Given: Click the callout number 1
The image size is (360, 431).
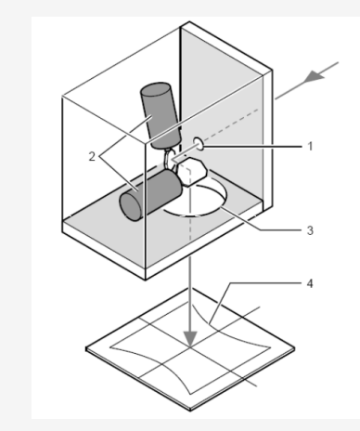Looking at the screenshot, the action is [311, 146].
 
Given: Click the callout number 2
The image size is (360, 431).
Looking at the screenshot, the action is [92, 157].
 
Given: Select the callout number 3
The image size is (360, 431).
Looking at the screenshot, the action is [310, 230].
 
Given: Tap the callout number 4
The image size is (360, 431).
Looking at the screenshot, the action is [310, 283].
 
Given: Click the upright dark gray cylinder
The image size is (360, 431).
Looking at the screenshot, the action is [161, 115].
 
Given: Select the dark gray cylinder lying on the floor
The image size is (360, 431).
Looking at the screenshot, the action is [150, 195].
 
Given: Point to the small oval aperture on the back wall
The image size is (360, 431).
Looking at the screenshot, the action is [199, 144].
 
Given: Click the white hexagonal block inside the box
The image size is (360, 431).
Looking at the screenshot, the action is [191, 172].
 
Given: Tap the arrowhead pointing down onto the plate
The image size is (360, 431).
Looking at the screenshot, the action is [190, 339].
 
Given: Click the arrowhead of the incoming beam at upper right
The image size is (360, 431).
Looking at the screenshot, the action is [315, 76].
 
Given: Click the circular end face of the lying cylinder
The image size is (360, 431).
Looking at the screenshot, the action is [131, 206].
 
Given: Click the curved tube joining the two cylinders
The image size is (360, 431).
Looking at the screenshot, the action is [167, 159].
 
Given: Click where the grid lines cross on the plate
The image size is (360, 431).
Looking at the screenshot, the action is [190, 347].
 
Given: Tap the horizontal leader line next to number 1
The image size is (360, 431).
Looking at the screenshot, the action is [252, 146].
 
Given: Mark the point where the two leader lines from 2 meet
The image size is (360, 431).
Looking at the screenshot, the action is [99, 157].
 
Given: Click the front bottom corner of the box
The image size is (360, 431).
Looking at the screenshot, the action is [146, 280].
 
